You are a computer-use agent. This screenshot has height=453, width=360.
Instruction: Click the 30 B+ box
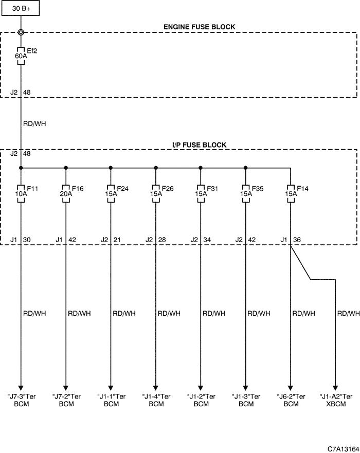click(21, 8)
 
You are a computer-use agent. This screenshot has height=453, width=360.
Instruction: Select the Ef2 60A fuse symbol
click(21, 56)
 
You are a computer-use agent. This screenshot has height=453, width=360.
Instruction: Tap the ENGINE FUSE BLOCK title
click(200, 27)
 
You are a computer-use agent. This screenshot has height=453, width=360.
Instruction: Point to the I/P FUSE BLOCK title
click(200, 144)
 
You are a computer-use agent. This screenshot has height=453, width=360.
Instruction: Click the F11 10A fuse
click(21, 193)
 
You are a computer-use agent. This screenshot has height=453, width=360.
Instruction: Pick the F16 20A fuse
click(66, 193)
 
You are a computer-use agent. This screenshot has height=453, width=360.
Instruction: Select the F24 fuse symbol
click(111, 193)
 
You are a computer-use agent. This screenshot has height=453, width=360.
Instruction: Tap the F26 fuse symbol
click(156, 193)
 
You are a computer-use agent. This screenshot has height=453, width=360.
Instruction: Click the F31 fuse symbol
click(201, 193)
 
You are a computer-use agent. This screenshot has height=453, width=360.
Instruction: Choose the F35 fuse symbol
click(246, 193)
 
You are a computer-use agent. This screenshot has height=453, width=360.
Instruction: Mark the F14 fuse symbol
click(291, 193)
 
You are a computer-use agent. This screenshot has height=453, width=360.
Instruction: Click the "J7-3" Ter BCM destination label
click(22, 400)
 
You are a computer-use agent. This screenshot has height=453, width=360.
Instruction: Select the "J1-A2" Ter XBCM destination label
click(336, 400)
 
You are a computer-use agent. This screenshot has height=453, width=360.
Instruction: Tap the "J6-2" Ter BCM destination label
click(291, 400)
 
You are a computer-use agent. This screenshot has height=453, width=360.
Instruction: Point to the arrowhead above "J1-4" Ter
click(156, 388)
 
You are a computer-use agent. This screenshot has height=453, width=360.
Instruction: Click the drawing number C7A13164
click(343, 449)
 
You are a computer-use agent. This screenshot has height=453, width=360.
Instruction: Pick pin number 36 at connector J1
click(297, 240)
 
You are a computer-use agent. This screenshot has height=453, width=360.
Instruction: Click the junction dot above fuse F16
click(66, 168)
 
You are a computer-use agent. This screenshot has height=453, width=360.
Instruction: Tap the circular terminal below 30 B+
click(21, 32)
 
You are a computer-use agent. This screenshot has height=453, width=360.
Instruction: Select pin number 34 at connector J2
click(207, 240)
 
